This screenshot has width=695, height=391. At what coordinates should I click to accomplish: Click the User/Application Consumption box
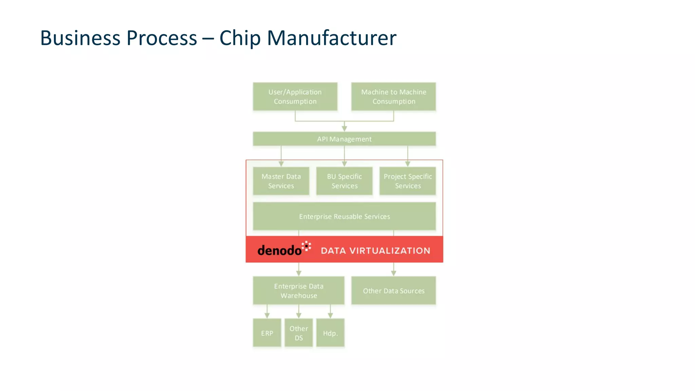[295, 97]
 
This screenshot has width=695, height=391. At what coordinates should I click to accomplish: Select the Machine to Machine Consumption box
[393, 97]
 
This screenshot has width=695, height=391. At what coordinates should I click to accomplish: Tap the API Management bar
[344, 139]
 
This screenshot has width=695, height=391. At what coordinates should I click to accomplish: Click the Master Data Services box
[281, 181]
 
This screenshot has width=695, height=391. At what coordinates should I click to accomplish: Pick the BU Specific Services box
[344, 181]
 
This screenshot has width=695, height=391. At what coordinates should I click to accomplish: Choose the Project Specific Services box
[408, 181]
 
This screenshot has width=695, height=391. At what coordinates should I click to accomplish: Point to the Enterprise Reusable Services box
[344, 217]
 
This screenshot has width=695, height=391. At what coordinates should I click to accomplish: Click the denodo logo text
[279, 250]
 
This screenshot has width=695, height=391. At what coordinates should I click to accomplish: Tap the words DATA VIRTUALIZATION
[375, 251]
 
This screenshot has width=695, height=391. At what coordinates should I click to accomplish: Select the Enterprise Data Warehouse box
[299, 291]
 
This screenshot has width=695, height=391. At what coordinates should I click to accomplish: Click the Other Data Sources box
[393, 291]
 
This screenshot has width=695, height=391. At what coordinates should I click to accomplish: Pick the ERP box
[267, 333]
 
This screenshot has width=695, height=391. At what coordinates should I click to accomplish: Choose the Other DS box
[299, 333]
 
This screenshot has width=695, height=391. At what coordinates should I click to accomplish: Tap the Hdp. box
[330, 333]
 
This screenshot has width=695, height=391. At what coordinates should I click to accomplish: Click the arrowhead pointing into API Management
[344, 129]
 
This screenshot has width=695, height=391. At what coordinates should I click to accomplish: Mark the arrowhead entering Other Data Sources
[394, 273]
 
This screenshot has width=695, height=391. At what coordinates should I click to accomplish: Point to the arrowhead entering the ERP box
[267, 315]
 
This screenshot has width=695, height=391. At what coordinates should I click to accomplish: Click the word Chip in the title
[240, 38]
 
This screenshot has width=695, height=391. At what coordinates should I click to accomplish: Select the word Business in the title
[80, 38]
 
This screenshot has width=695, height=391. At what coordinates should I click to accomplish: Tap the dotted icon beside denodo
[306, 246]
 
